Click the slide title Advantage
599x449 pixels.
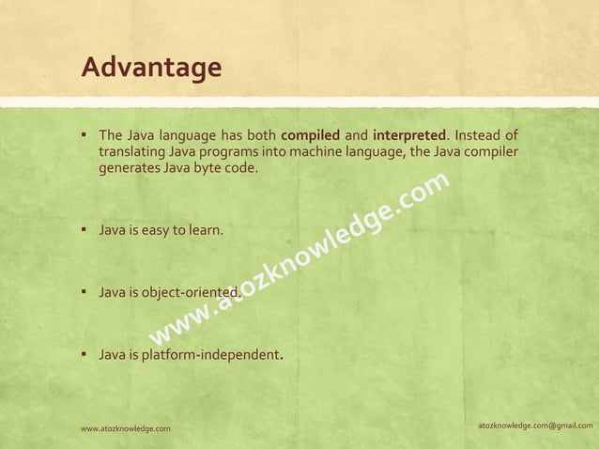[x=151, y=68]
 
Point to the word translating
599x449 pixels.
[x=133, y=152]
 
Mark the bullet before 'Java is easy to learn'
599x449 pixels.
[x=84, y=227]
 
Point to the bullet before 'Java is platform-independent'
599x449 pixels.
[x=84, y=355]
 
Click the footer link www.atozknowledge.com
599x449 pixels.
[x=126, y=428]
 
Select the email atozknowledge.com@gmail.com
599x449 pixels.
[x=534, y=426]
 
